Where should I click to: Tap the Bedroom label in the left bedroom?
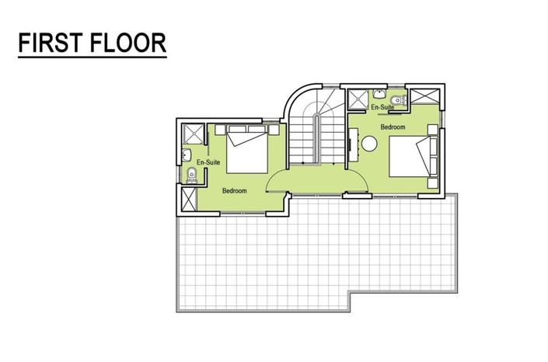coord(234,190)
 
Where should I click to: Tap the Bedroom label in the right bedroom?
coord(393,126)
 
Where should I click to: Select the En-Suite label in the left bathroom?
coord(208,162)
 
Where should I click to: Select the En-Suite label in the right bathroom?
coord(380,106)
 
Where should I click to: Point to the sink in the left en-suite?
coord(190,154)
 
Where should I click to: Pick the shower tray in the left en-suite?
coord(193,134)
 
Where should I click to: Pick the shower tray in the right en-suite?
coord(358,99)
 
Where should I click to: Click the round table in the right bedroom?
coord(368,143)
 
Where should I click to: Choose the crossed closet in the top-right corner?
coord(426,99)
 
